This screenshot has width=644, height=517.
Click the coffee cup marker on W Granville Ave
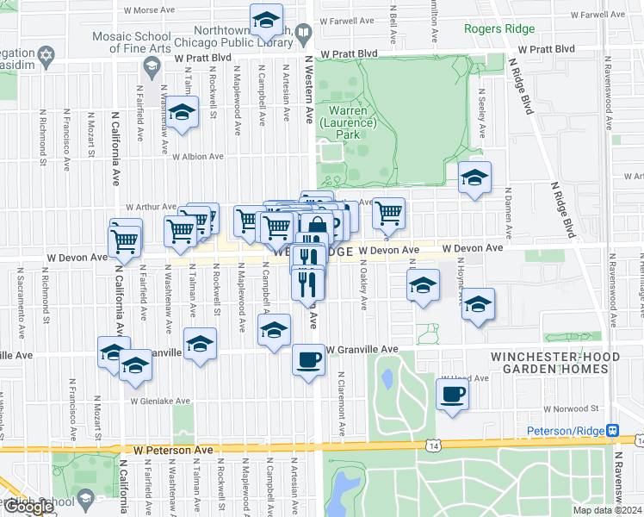click(x=308, y=359)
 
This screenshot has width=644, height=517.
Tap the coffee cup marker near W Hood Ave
click(x=452, y=395)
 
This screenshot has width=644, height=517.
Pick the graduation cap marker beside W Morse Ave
click(x=267, y=18)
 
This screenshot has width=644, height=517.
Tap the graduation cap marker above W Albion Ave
click(x=182, y=112)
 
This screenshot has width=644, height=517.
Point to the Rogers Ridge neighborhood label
click(x=499, y=28)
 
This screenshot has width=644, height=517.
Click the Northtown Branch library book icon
click(x=302, y=34)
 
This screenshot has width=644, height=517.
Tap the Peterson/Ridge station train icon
click(x=612, y=430)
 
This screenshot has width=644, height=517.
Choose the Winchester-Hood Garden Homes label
click(x=550, y=362)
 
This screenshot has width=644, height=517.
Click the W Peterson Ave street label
click(x=172, y=450)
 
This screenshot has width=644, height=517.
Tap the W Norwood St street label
click(x=570, y=409)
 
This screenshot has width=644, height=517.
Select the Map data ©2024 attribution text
click(x=607, y=510)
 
